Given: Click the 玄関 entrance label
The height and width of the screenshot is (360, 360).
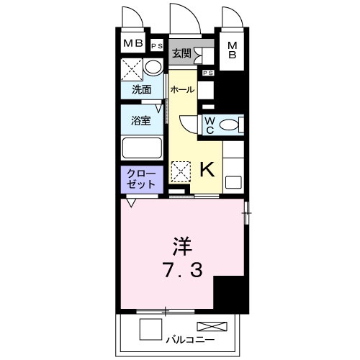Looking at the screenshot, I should (x=181, y=53).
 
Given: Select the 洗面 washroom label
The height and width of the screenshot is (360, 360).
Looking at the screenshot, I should (x=141, y=90).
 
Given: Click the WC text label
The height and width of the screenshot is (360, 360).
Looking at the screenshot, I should (x=209, y=125).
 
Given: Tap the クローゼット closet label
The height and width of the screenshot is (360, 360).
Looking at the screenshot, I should (x=141, y=179).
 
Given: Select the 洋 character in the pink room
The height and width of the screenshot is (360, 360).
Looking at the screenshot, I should (x=181, y=245).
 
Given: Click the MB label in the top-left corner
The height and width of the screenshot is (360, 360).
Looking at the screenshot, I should (x=132, y=44).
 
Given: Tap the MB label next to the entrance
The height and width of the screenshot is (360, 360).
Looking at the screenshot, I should (x=233, y=50).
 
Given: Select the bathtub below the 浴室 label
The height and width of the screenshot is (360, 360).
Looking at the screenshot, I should (x=142, y=148).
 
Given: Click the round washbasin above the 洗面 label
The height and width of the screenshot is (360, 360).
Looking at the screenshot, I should (x=152, y=68).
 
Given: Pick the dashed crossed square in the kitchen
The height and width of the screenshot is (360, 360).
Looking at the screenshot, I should (x=179, y=171).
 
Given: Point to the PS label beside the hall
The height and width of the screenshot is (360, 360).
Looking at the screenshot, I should (x=207, y=73).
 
